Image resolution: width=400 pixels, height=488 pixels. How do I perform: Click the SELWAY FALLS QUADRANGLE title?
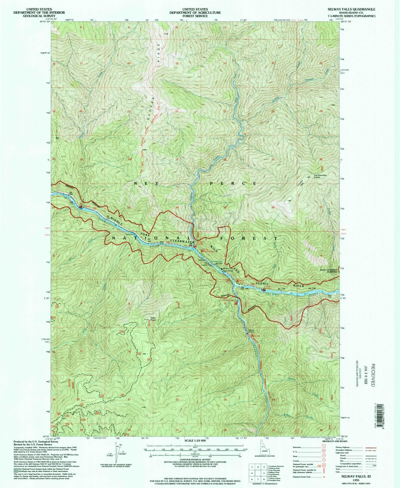pyautogui.click(x=351, y=9)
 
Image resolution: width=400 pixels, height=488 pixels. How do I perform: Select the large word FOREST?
pyautogui.click(x=249, y=238)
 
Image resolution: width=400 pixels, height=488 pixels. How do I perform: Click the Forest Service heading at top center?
pyautogui.click(x=195, y=12)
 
